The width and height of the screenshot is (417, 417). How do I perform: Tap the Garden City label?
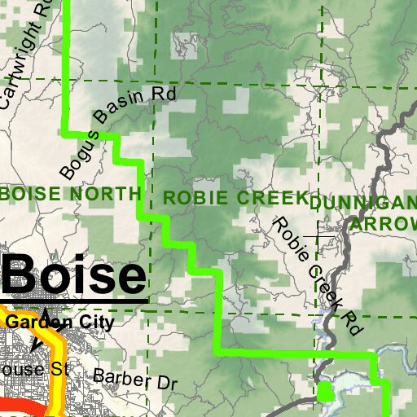(x=60, y=322)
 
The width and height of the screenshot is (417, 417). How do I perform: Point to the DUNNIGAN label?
(x=363, y=203)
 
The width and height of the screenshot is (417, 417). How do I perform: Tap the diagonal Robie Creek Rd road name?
(x=317, y=276)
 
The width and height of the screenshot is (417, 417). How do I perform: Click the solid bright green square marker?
(x=325, y=393)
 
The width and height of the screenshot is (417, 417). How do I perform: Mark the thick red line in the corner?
(x=16, y=408)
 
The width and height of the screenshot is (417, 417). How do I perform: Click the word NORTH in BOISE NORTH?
(x=106, y=194)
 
